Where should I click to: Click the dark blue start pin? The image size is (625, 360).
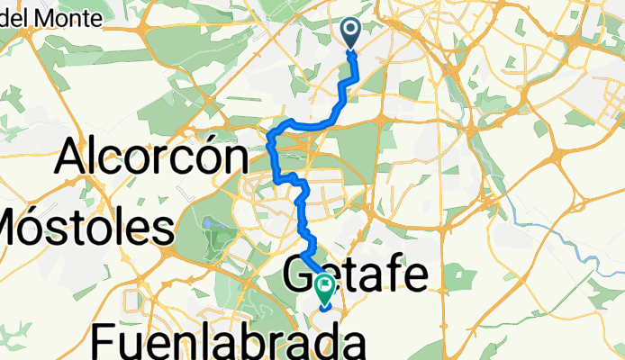point(351,34)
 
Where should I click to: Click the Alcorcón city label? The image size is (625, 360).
point(152,158)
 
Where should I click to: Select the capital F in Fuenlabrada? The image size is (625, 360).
point(105,343)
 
